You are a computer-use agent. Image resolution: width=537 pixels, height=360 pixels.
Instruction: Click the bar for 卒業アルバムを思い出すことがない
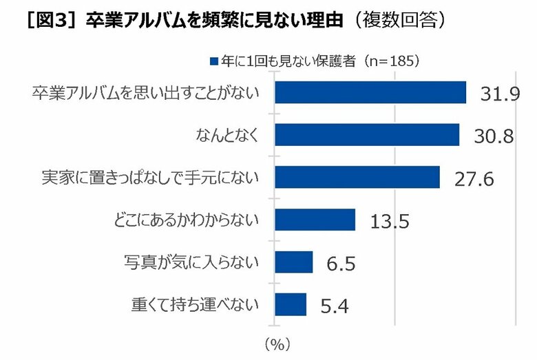[370, 92]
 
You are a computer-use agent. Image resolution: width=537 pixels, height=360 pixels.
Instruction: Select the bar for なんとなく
[367, 135]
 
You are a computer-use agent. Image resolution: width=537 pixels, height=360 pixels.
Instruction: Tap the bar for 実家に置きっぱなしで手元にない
[357, 177]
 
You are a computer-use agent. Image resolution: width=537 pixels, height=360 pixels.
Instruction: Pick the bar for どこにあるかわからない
[315, 220]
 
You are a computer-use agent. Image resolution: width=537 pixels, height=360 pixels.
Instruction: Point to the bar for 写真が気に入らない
[294, 262]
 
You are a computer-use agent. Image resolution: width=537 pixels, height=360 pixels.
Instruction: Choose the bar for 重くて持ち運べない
[291, 304]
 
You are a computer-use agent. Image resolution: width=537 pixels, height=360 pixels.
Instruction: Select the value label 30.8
[494, 136]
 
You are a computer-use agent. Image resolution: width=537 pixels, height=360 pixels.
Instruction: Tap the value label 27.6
[474, 179]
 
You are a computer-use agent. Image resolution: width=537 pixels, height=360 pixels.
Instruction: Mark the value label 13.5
[390, 222]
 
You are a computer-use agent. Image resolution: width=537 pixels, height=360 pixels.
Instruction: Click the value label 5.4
[335, 306]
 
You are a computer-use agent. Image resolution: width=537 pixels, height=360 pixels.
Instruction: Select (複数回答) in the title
[397, 20]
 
